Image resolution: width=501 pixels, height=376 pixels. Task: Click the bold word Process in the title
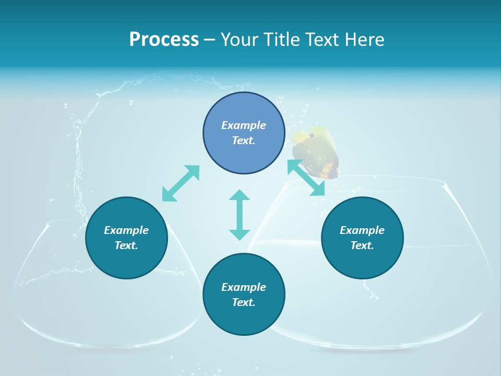[x=164, y=40]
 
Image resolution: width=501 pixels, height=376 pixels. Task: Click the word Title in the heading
[x=281, y=40]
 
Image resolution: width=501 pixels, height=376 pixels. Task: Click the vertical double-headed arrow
[x=240, y=215]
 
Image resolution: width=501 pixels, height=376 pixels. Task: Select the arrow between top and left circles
[x=181, y=183]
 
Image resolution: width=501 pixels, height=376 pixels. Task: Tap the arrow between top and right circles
[x=306, y=178]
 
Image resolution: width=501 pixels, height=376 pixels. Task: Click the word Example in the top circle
[x=244, y=125]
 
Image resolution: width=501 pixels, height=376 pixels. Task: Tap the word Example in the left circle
[x=126, y=230]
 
